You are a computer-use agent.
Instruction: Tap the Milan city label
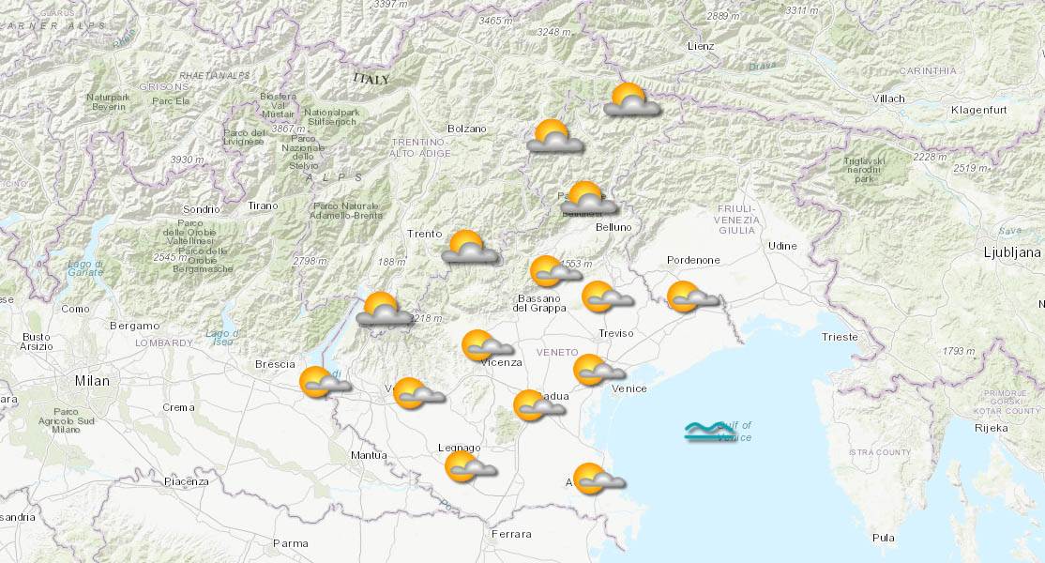click(x=93, y=381)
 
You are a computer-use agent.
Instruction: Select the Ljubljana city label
click(x=1012, y=252)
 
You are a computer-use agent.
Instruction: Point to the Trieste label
click(x=839, y=336)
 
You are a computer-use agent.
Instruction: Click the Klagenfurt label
click(x=979, y=110)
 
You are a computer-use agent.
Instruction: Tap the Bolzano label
click(x=467, y=129)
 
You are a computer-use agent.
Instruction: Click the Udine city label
click(x=781, y=246)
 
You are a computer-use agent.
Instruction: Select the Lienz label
click(x=700, y=46)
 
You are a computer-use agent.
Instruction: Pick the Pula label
click(x=883, y=538)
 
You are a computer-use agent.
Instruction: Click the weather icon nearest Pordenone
click(x=691, y=297)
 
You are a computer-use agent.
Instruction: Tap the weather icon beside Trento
click(x=469, y=248)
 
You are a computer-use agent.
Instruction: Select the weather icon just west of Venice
click(x=597, y=370)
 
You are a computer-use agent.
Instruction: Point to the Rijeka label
click(x=991, y=428)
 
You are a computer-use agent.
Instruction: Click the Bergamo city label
click(x=134, y=326)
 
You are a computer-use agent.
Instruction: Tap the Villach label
click(x=886, y=99)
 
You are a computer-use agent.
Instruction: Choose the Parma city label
click(x=290, y=543)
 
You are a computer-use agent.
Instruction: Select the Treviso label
click(x=615, y=333)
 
